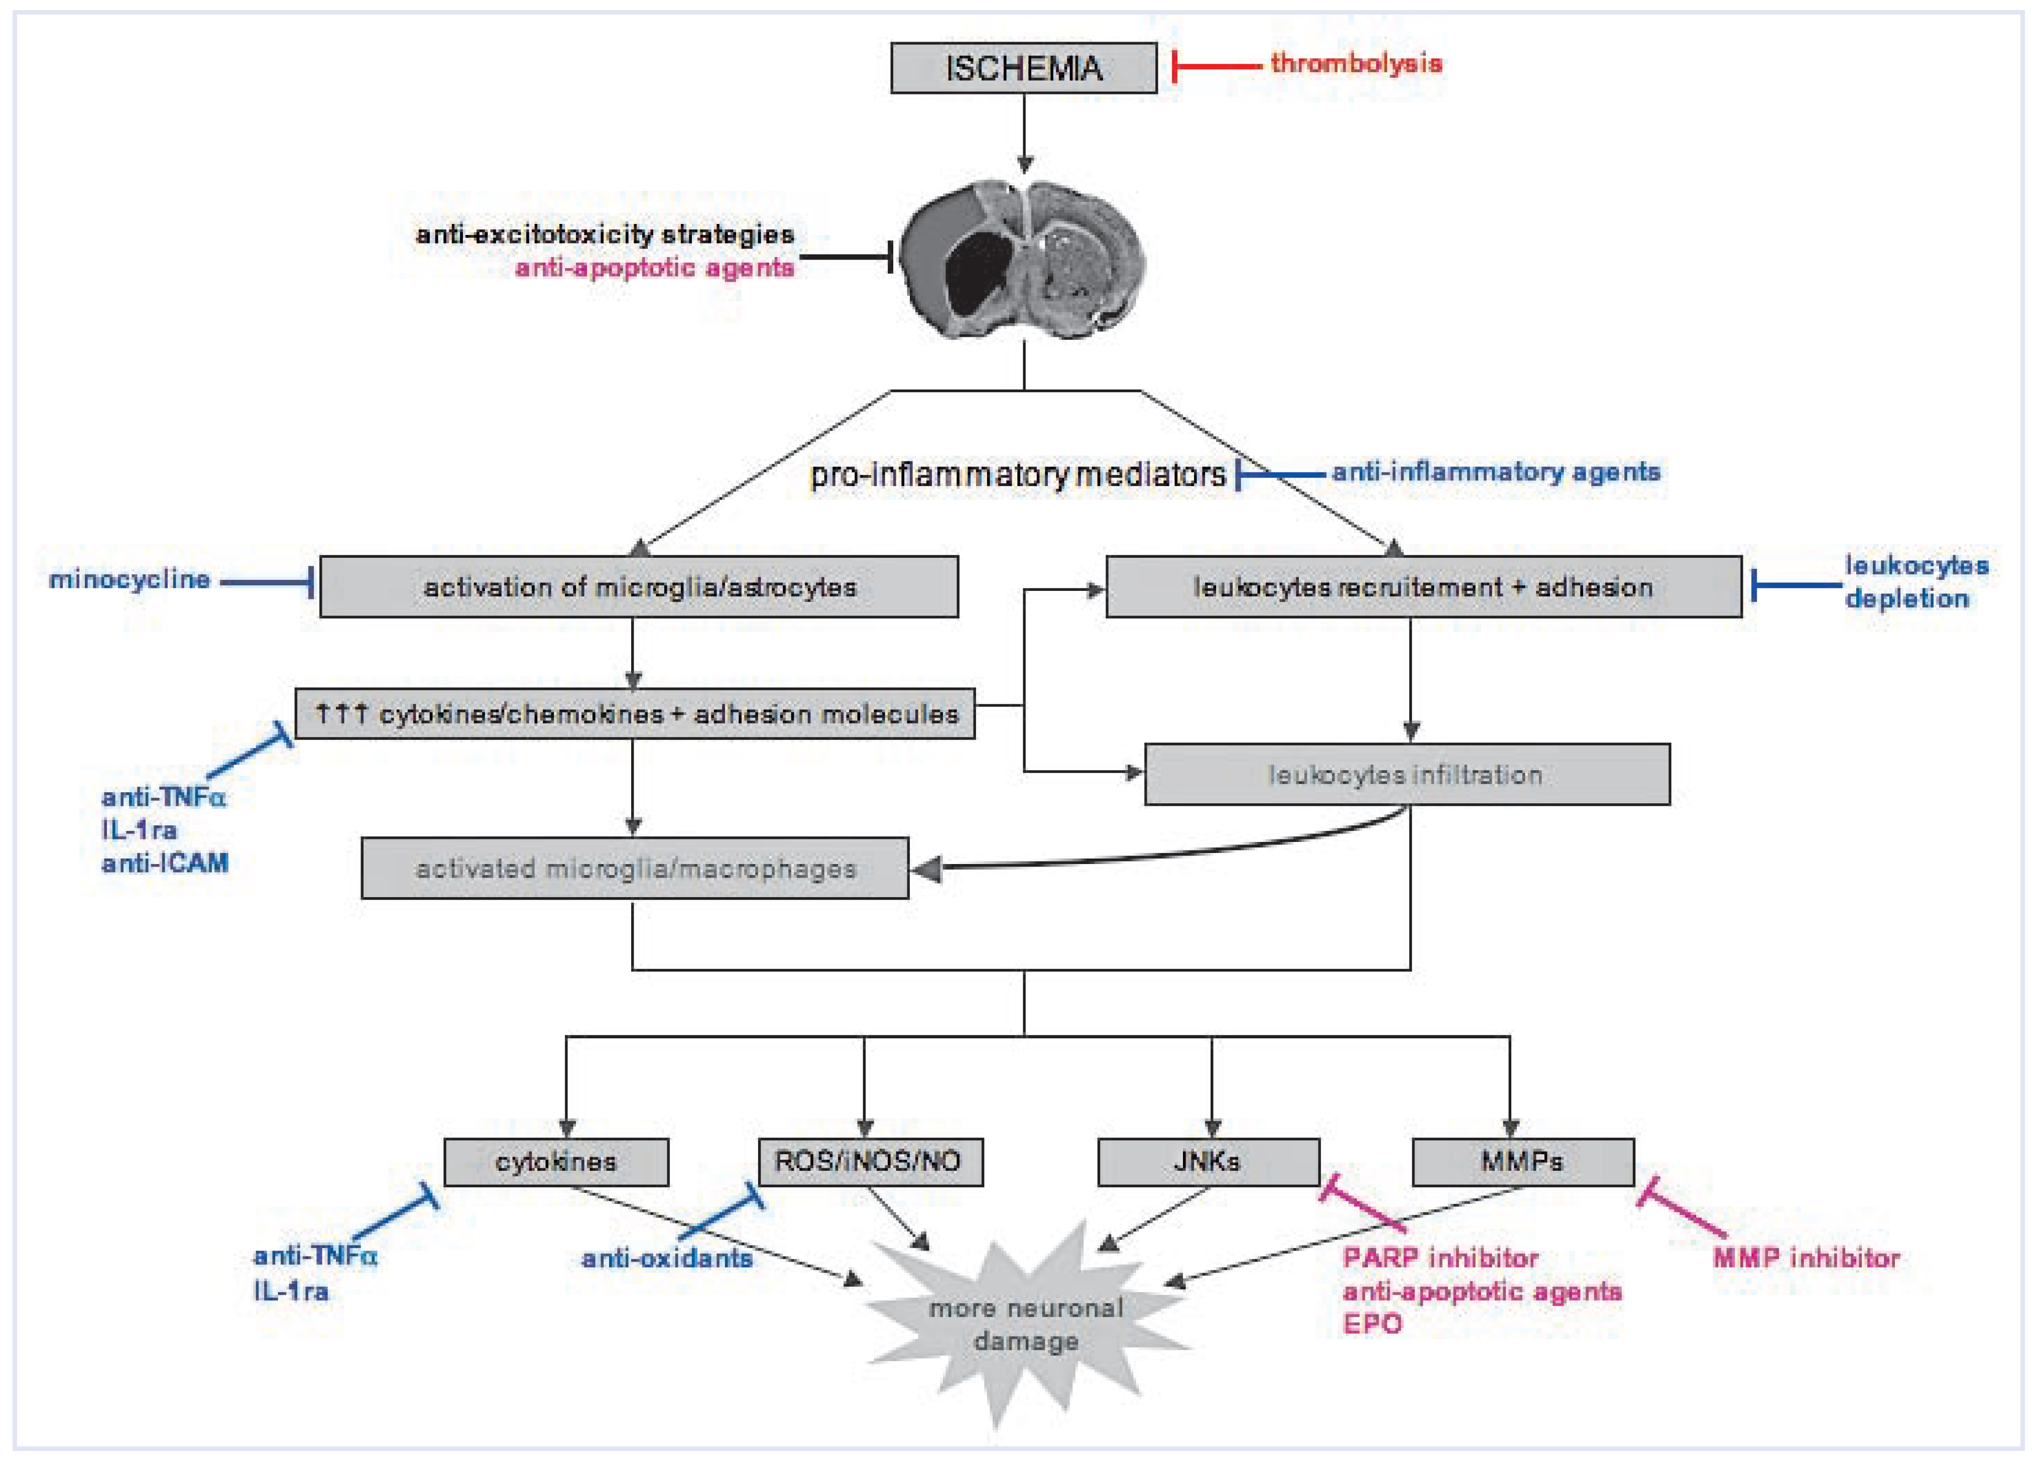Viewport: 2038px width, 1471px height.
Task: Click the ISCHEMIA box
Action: coord(1023,68)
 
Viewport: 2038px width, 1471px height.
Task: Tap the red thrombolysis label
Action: coord(1355,64)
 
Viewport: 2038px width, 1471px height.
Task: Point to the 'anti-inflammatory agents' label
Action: coord(1495,472)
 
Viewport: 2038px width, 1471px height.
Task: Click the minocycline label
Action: coord(130,579)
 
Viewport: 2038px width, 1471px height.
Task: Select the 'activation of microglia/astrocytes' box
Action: coord(639,587)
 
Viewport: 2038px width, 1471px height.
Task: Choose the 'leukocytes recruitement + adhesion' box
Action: coord(1422,587)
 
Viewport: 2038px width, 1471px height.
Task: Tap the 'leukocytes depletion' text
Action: coord(1915,581)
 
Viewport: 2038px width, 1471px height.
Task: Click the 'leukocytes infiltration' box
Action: coord(1406,775)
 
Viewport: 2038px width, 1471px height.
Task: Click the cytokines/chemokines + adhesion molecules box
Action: coord(635,714)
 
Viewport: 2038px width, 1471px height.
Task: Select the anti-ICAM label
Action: coord(165,864)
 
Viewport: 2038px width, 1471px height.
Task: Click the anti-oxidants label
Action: coord(667,1258)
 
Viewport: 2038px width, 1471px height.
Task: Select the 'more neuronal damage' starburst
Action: coord(1025,1323)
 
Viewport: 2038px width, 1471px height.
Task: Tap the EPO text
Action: coord(1372,1324)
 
